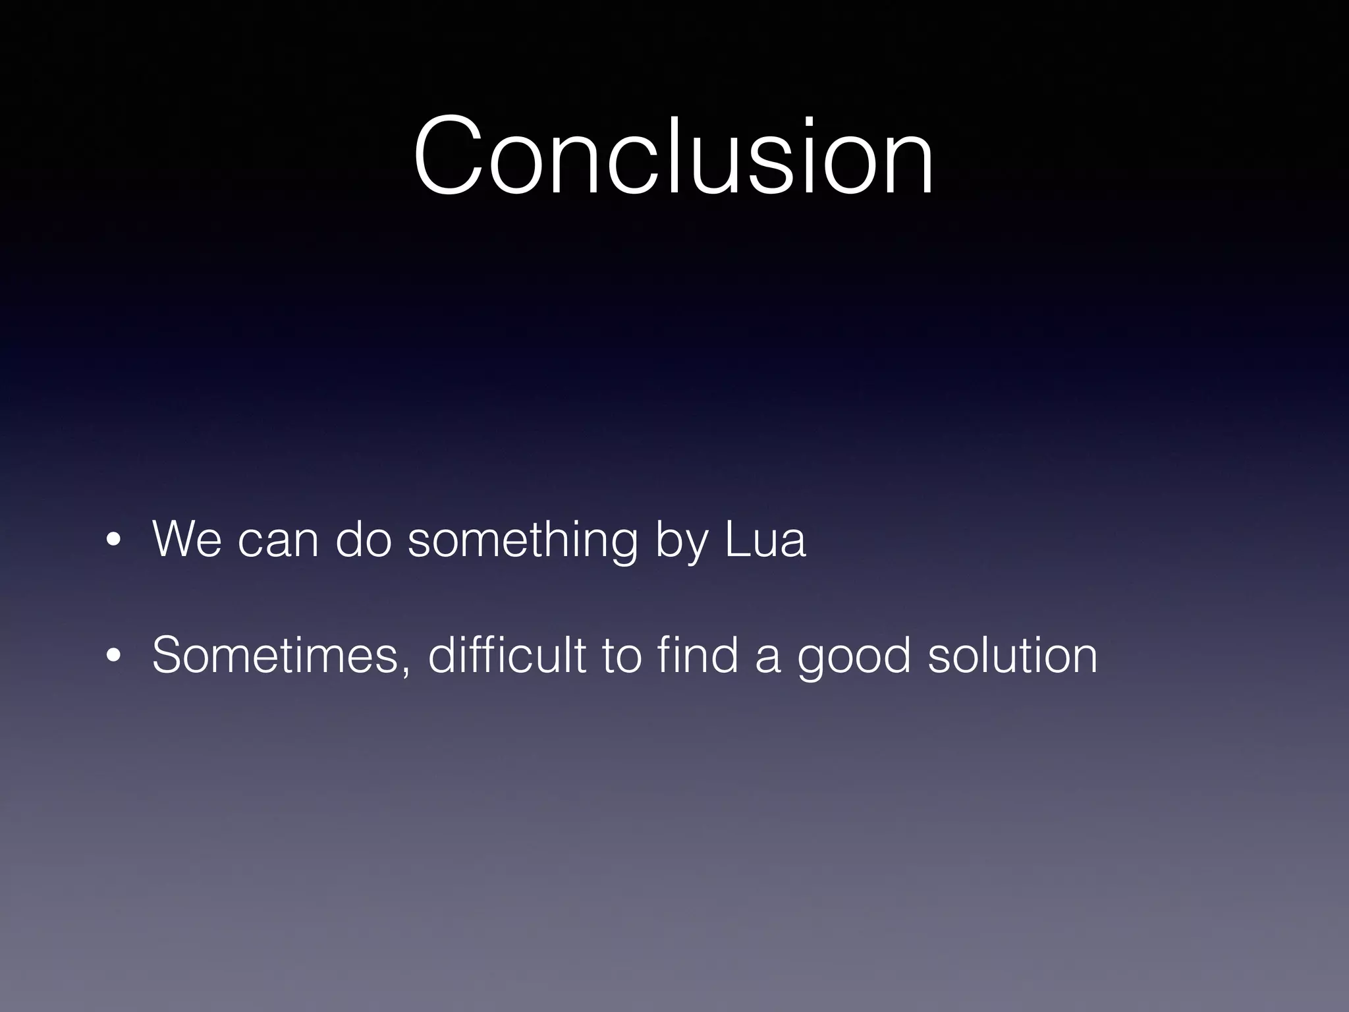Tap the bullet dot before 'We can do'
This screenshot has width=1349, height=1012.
[114, 540]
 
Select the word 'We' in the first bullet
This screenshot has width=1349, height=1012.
[187, 539]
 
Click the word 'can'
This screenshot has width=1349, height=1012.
[278, 542]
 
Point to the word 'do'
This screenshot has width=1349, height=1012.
[364, 539]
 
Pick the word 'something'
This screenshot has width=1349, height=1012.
[522, 540]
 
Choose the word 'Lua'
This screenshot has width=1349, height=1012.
[765, 539]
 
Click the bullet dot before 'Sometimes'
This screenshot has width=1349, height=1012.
[114, 656]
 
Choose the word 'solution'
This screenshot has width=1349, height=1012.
[1012, 655]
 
